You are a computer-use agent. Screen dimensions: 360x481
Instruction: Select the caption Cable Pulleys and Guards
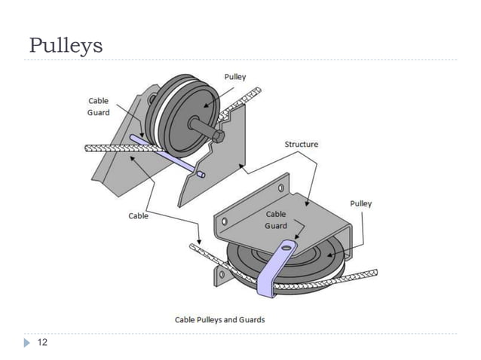220,319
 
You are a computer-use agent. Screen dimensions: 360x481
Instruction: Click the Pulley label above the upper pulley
234,77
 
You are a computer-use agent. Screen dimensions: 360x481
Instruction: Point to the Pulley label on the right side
360,203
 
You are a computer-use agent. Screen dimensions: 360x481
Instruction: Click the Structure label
301,143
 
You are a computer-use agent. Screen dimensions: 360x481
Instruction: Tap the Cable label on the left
137,215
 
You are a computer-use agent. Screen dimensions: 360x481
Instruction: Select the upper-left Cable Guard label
99,106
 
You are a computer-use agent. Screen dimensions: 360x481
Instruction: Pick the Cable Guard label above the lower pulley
275,219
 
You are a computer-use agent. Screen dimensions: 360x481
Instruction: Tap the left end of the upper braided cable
88,147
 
